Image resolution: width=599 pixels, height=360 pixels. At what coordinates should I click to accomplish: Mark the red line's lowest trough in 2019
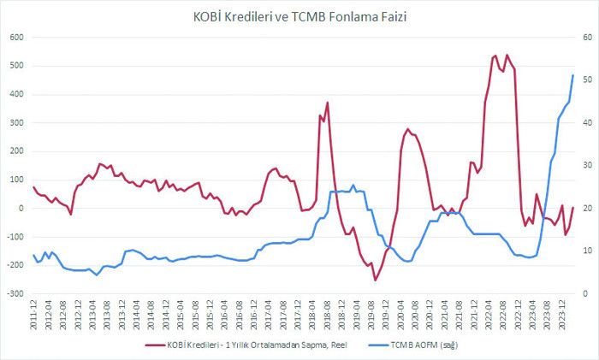coord(375,280)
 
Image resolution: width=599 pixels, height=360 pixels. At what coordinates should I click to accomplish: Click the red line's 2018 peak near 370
coord(327,103)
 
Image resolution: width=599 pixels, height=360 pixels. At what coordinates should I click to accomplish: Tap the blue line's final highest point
coord(572,75)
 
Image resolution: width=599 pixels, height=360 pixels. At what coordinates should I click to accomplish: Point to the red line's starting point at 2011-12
coord(34,187)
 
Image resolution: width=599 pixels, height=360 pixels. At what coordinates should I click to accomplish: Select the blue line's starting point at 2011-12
coord(34,255)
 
